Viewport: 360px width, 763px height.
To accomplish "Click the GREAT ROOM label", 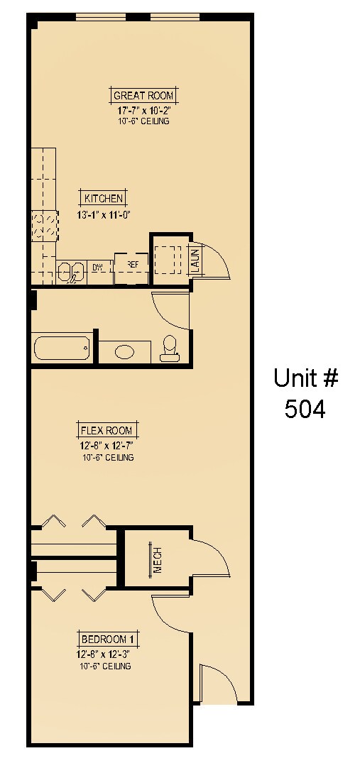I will (x=143, y=96).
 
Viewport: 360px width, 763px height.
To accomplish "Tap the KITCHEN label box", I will (x=104, y=199).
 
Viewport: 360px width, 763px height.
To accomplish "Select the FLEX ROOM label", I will (x=107, y=430).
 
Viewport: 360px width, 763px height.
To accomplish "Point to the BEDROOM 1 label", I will (x=107, y=639).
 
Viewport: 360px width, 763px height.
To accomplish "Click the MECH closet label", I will (x=158, y=561).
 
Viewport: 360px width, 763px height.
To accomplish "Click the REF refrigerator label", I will (x=131, y=265).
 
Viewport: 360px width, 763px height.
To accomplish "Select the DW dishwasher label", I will (x=98, y=268).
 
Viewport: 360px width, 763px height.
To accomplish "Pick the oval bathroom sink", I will (x=124, y=351).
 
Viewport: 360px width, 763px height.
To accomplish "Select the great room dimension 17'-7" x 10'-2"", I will (x=143, y=111).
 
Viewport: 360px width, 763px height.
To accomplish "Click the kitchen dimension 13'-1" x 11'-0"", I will (x=105, y=214).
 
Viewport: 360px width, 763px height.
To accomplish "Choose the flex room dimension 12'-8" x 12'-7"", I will (x=107, y=446).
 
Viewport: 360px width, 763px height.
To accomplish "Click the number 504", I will (x=305, y=409).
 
